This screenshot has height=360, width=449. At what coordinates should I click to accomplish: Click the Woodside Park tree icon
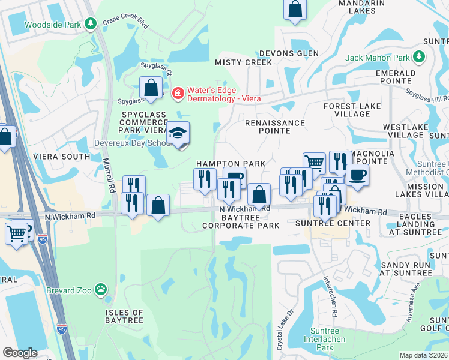91,24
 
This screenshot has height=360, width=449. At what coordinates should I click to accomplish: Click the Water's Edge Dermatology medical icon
177,94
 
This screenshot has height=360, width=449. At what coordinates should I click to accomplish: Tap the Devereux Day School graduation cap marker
178,134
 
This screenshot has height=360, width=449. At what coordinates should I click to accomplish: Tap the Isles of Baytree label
124,317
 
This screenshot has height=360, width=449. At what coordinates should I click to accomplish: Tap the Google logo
20,352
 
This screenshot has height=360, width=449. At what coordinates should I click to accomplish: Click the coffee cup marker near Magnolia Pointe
357,175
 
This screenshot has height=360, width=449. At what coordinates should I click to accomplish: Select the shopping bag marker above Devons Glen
295,10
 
